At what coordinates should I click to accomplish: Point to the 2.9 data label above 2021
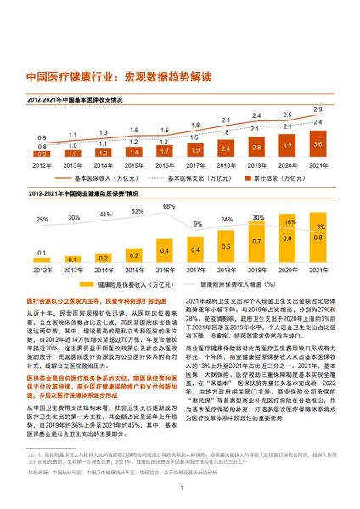pyautogui.click(x=318, y=109)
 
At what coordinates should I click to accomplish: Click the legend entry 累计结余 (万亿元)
pyautogui.click(x=284, y=180)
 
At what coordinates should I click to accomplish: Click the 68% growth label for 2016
pyautogui.click(x=170, y=206)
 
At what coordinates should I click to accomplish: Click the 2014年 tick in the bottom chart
pyautogui.click(x=104, y=270)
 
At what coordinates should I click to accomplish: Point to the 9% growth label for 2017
pyautogui.click(x=197, y=224)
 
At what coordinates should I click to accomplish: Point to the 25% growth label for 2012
pyautogui.click(x=42, y=219)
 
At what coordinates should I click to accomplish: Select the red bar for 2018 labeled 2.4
pyautogui.click(x=227, y=149)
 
